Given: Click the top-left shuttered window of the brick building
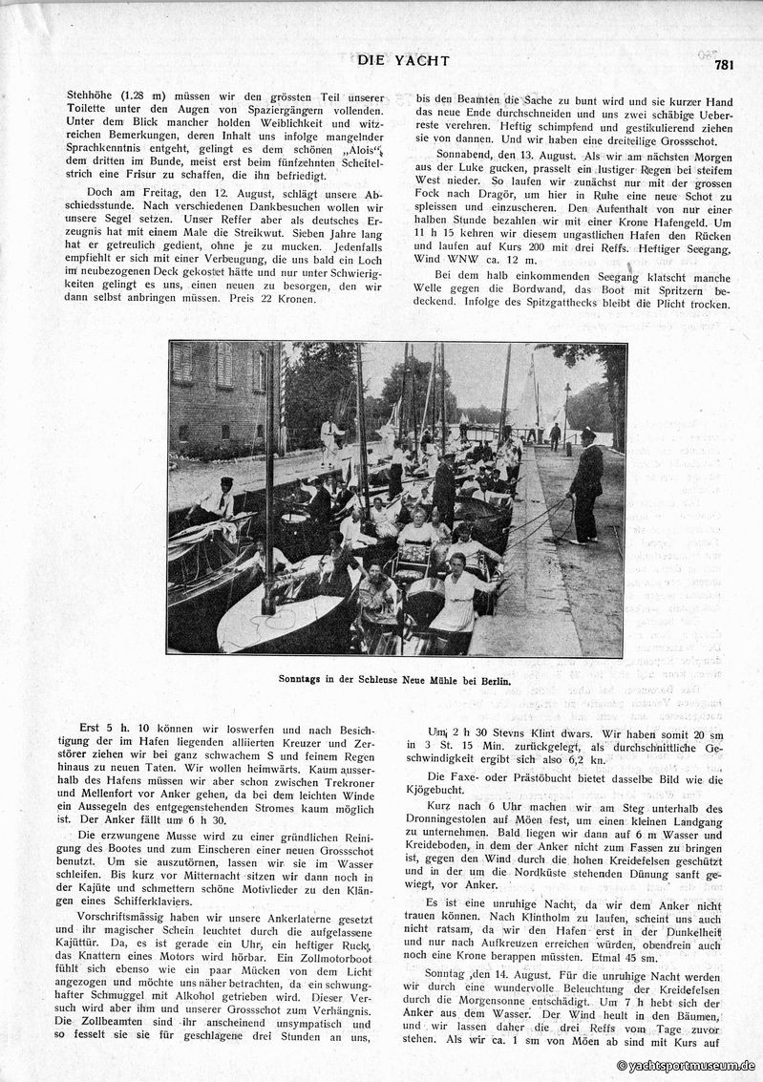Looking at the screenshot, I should coord(182,363).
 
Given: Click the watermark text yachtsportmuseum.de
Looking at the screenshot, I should coord(686,1064).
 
